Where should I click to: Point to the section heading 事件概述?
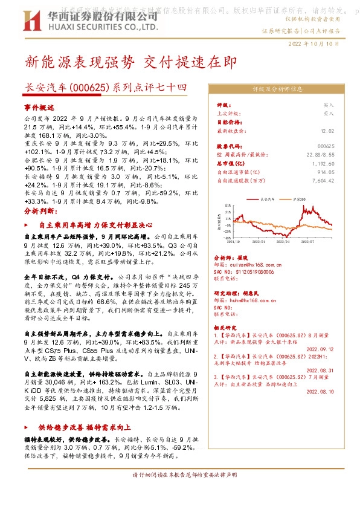39,106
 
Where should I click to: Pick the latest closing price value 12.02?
327,130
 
